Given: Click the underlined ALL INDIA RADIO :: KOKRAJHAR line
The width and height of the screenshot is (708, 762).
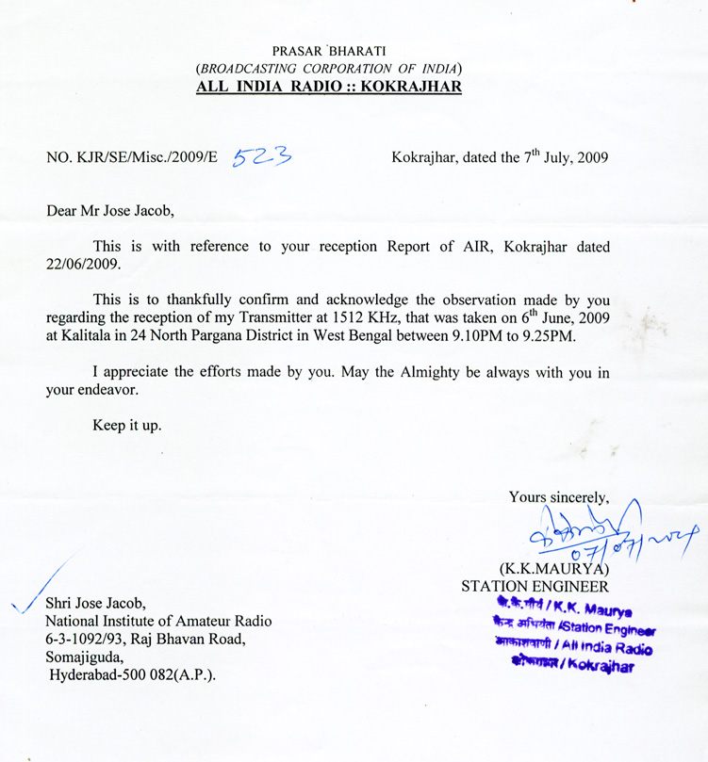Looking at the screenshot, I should [328, 88].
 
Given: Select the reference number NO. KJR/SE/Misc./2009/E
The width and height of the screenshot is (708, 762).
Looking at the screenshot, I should [132, 158].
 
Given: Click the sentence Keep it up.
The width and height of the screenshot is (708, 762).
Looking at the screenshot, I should [126, 425].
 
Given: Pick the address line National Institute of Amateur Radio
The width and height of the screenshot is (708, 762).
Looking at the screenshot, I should [158, 621].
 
